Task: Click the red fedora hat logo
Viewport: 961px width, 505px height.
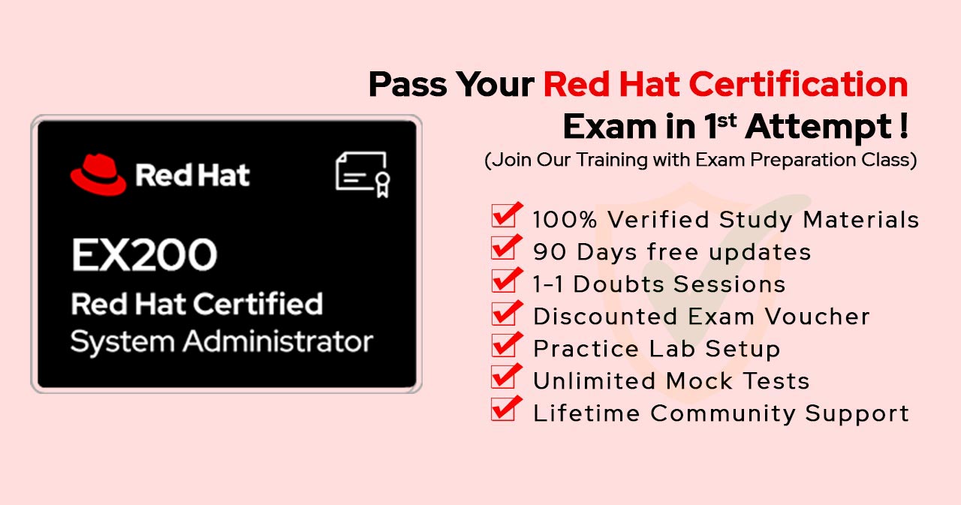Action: [98, 175]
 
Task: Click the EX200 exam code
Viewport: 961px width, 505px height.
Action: [145, 254]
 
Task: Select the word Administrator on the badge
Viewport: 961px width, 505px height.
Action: [278, 341]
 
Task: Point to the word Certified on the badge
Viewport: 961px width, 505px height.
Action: [258, 303]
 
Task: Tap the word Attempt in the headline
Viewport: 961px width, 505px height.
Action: [818, 128]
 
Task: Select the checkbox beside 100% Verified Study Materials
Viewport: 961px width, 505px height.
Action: [507, 215]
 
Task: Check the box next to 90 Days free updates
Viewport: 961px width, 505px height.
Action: [507, 247]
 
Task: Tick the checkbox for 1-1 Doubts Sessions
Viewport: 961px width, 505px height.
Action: [507, 279]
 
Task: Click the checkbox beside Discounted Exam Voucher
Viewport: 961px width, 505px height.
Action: [507, 312]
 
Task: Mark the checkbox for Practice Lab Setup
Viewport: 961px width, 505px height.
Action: [507, 344]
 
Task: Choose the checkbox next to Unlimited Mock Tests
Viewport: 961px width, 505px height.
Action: [507, 376]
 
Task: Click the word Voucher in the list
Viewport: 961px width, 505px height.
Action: [818, 317]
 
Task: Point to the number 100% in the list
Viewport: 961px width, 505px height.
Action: [565, 220]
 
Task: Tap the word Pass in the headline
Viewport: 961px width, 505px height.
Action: [408, 85]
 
